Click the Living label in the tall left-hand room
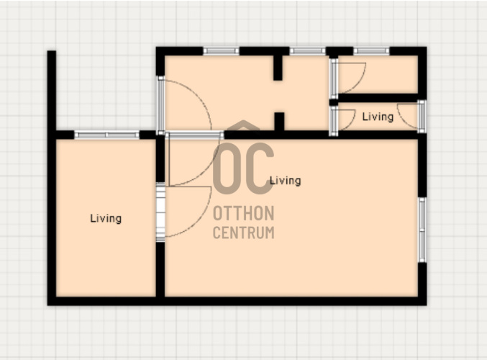106,219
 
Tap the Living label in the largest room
286,181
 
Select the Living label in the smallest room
378,117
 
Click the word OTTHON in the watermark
243,213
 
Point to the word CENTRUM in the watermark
243,233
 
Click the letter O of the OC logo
226,168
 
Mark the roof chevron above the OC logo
243,125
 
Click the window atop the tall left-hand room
107,135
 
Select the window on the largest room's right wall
422,230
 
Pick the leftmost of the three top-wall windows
221,51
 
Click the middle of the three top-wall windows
307,51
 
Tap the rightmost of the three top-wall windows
371,51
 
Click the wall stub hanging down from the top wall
278,68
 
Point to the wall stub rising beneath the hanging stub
279,122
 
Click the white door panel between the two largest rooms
160,212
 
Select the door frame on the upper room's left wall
160,105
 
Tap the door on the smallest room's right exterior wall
422,117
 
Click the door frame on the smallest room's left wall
334,121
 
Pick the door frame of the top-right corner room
334,78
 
